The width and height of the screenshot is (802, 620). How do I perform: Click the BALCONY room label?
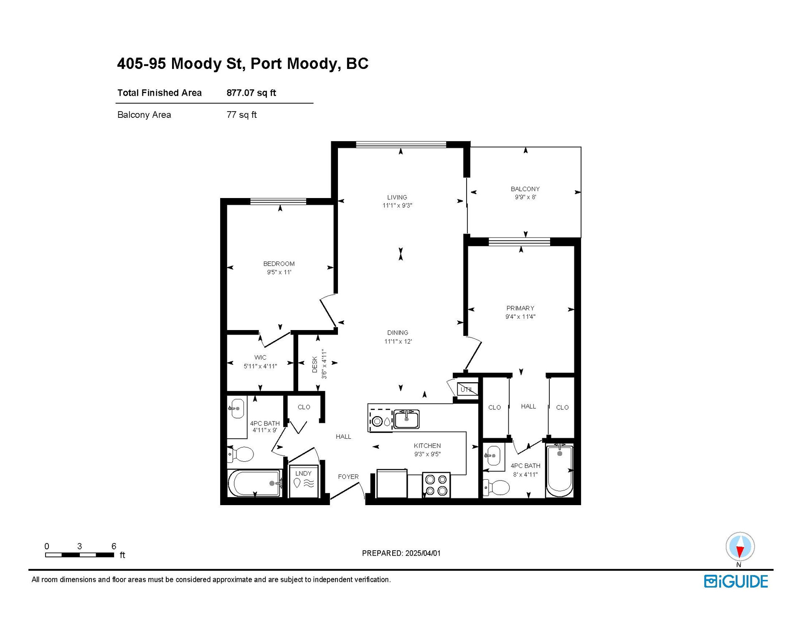525,189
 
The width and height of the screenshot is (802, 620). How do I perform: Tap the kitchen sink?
406,419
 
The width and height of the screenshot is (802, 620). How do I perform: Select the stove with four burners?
436,485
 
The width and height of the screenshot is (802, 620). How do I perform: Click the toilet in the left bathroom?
240,454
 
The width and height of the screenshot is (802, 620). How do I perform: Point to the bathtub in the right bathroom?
559,470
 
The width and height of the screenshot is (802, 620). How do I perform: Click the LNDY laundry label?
303,473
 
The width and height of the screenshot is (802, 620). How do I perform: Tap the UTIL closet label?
466,389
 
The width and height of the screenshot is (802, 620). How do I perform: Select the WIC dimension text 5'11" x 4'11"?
260,366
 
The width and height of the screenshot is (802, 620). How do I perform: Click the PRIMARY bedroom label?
520,308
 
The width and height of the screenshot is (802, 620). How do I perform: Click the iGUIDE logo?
736,582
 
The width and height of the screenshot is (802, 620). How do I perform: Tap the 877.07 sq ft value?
251,93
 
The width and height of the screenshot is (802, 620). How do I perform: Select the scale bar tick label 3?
79,546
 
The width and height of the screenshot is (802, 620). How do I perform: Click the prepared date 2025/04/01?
421,553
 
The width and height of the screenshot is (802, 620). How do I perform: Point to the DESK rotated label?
315,364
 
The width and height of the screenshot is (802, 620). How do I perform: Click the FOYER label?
348,477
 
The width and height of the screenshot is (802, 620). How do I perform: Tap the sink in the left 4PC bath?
237,408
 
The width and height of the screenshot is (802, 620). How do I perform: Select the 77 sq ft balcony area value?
241,115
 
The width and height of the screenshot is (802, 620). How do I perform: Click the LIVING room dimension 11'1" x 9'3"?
397,206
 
